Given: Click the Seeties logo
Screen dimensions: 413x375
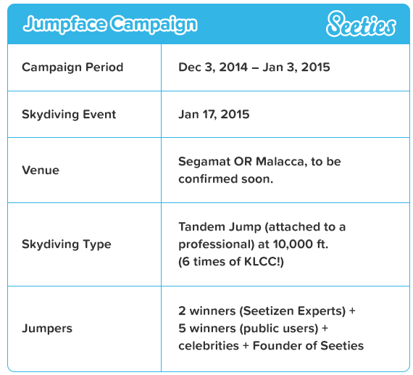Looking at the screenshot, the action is (x=361, y=24).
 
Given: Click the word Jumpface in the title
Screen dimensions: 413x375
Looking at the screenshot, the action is (x=64, y=24).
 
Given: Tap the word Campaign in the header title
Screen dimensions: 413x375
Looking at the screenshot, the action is (x=154, y=24).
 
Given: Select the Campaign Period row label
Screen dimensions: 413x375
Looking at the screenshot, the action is (x=72, y=67).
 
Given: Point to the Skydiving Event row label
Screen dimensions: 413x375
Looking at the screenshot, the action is (x=69, y=115).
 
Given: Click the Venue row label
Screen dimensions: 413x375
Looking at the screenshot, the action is (x=41, y=170).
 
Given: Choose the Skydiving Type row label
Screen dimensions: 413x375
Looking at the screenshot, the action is (x=67, y=244).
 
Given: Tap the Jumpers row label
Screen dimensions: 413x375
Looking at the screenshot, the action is (x=47, y=329).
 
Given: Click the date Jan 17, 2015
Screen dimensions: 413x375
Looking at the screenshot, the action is (x=214, y=115).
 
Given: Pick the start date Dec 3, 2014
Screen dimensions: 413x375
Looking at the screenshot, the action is (x=213, y=67).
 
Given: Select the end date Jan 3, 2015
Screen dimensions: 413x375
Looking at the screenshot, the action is (x=296, y=67).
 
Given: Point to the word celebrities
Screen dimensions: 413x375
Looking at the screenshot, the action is (x=209, y=346).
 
